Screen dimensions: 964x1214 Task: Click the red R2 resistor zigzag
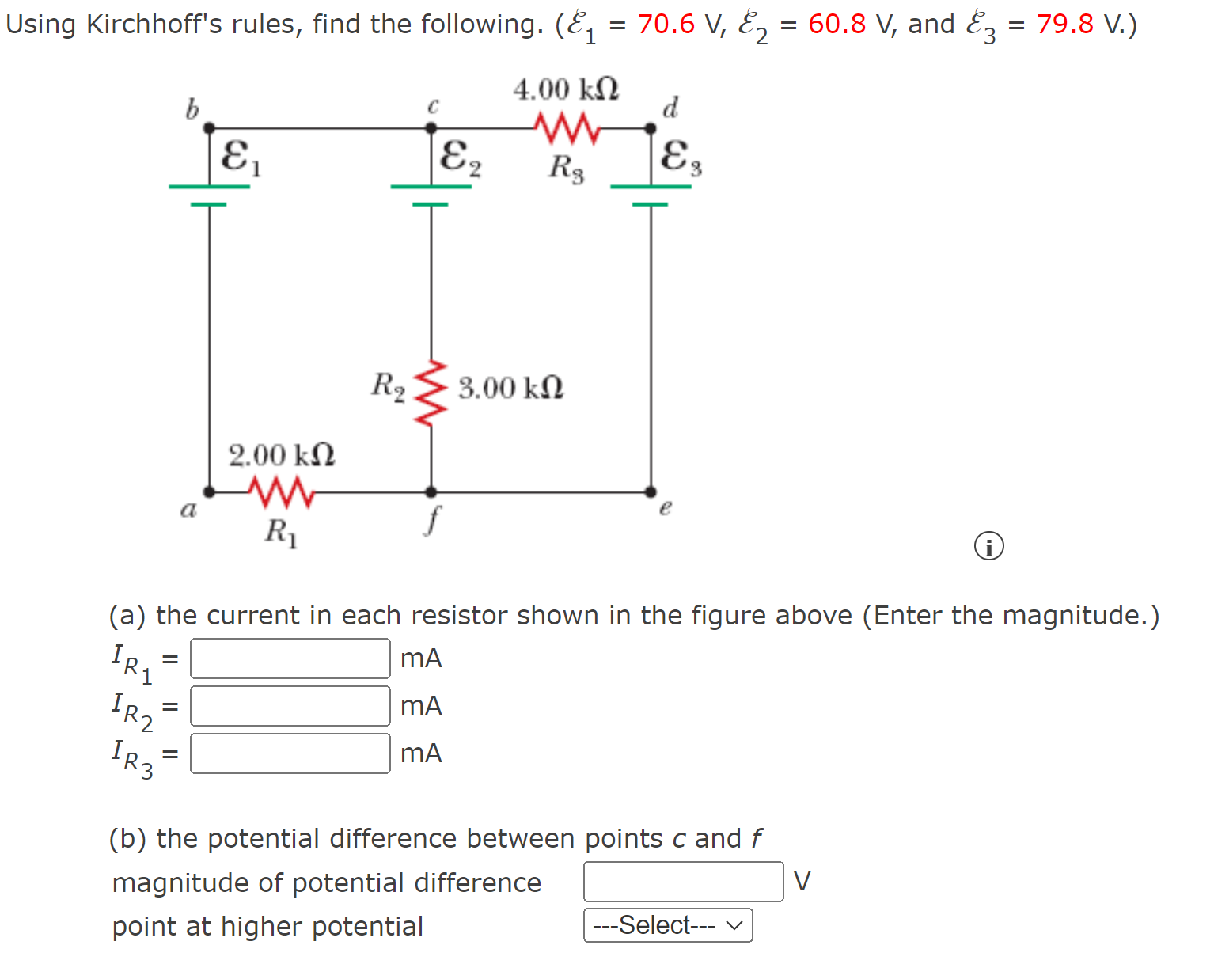(431, 393)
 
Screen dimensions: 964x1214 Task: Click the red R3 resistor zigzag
(567, 127)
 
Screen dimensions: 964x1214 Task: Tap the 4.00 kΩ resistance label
(566, 89)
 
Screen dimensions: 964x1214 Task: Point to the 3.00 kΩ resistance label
(510, 388)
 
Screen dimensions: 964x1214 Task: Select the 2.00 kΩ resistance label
(282, 455)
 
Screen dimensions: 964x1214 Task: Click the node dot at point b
(209, 127)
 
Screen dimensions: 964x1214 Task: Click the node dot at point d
(651, 127)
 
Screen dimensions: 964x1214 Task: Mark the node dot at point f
(431, 491)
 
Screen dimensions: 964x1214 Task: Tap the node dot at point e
(651, 491)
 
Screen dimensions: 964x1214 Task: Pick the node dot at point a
(209, 491)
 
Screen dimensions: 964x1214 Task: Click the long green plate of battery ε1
(209, 187)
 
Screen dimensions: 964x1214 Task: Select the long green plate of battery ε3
(651, 187)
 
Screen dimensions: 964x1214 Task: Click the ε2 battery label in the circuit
(460, 158)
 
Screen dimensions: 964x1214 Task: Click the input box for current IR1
(290, 658)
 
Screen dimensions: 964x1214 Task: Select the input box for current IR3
(290, 753)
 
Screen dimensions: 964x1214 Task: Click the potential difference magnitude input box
(683, 882)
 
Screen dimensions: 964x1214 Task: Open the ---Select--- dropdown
(668, 925)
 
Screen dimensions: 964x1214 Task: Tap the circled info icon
(988, 546)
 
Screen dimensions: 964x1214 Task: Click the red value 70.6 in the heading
(666, 24)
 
